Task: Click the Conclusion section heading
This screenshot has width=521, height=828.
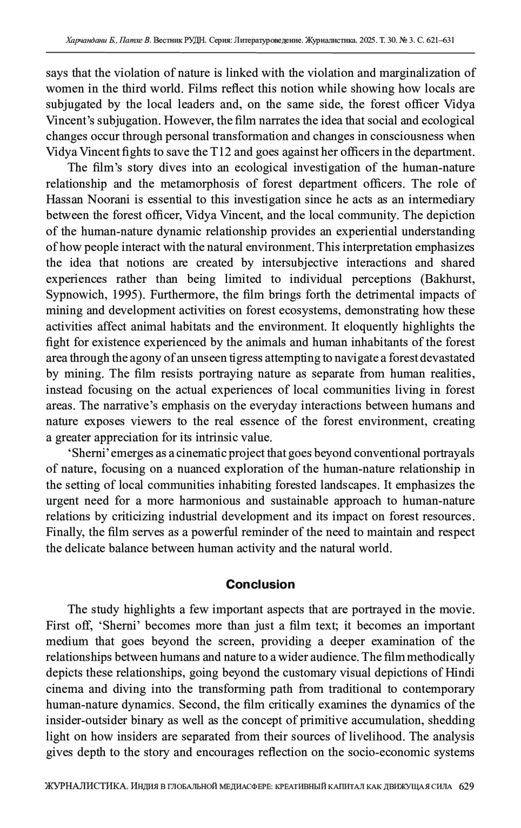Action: point(260,584)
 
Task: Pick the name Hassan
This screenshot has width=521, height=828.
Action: point(65,200)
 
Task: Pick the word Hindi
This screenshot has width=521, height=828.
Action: point(460,673)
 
